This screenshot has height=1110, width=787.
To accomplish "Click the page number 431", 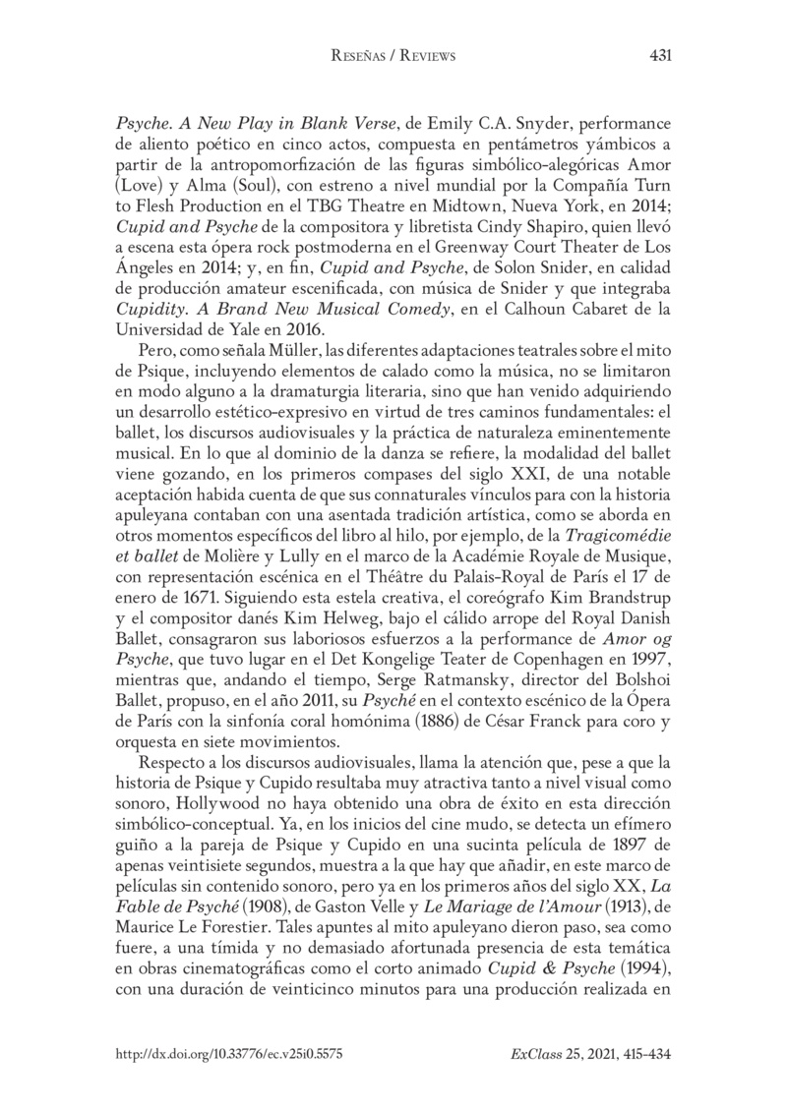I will (x=661, y=56).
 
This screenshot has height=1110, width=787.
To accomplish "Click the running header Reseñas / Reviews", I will (x=393, y=57).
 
